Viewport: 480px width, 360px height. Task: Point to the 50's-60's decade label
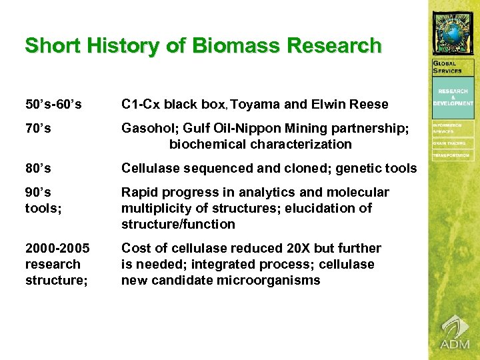(53, 104)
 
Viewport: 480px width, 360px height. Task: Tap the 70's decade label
(38, 128)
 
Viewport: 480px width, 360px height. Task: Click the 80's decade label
(38, 168)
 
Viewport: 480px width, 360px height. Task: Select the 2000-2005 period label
(57, 248)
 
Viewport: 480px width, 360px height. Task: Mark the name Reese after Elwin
(369, 104)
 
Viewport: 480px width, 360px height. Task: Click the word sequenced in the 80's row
(213, 168)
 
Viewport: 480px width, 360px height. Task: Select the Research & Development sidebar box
(453, 97)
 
